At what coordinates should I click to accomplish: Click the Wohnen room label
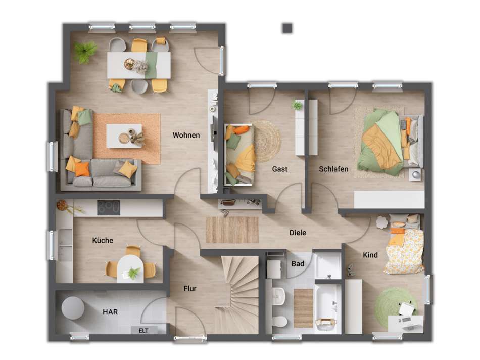pos(186,135)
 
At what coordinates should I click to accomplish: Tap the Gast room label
pos(279,169)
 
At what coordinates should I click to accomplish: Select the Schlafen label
pos(333,169)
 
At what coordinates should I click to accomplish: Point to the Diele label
pos(298,233)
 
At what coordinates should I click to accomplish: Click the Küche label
pos(103,240)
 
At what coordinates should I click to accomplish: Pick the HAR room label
pos(110,312)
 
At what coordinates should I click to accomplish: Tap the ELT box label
pos(137,330)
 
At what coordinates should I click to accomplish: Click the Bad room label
pos(298,263)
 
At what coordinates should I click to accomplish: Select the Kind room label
pos(370,255)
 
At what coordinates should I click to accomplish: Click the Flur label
pos(190,289)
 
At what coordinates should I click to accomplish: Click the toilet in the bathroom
pos(279,321)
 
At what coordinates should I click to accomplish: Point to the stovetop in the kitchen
pos(109,207)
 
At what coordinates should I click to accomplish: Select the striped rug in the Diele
pos(232,230)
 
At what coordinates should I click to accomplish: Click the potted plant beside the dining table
pos(85,51)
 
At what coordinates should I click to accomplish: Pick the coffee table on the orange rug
pos(124,136)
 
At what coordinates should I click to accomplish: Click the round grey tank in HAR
pos(74,307)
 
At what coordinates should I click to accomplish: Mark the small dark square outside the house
pos(287,28)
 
